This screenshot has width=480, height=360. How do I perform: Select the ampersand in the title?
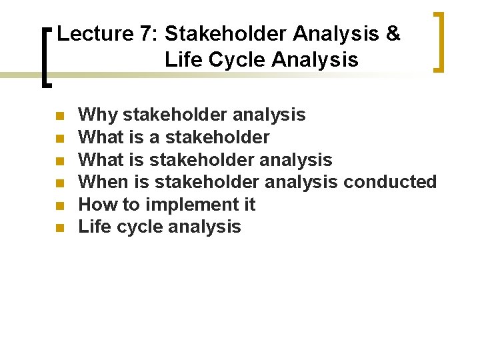tap(393, 34)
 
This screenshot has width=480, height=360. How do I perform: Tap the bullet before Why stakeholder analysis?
tap(60, 116)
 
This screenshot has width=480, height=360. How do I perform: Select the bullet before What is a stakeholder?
tap(60, 139)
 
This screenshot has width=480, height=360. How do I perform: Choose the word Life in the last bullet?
tap(95, 227)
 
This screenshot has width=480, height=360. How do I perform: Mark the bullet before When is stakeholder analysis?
tap(60, 183)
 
